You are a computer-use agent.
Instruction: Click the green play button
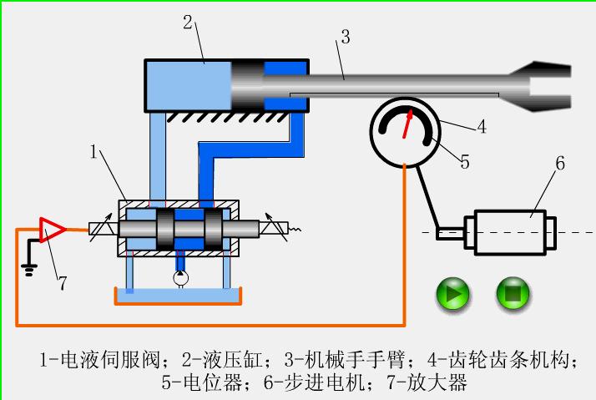click(453, 294)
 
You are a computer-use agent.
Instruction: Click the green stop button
click(513, 294)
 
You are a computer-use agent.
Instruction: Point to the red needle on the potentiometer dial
click(407, 124)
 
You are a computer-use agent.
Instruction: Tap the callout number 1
click(95, 152)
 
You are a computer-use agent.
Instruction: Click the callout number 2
click(188, 22)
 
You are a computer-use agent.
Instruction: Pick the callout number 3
click(345, 36)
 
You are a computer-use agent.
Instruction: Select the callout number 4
click(482, 128)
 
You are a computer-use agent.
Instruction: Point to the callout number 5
click(465, 162)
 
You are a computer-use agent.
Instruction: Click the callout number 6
click(560, 163)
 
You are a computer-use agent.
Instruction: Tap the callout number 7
click(62, 283)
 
